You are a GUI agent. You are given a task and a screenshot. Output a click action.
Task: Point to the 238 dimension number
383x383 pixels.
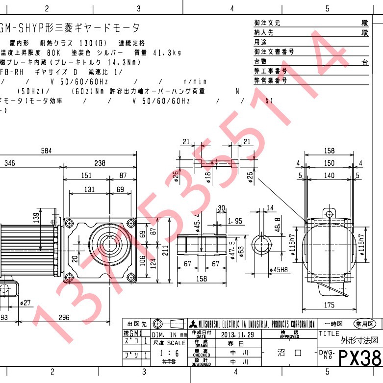click(x=100, y=163)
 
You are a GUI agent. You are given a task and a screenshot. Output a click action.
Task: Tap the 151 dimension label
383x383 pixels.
click(x=86, y=176)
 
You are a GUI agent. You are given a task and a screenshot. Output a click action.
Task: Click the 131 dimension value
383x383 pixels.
click(x=89, y=189)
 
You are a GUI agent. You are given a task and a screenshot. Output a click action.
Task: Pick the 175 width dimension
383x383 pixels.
click(x=329, y=305)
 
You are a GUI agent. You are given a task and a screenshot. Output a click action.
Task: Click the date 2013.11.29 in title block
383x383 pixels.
click(x=238, y=334)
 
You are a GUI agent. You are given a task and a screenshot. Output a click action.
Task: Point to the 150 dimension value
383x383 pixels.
click(x=329, y=163)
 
